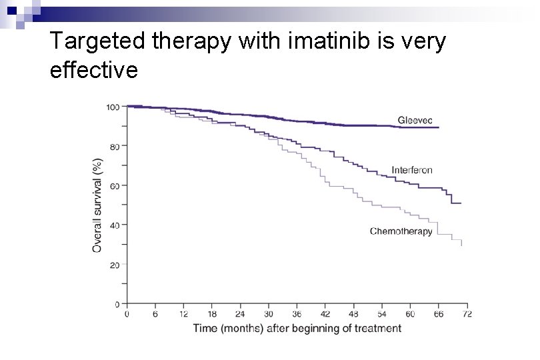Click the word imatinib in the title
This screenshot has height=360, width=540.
[x=317, y=41]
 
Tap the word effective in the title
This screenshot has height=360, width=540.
[x=94, y=69]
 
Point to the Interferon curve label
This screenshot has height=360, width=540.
[x=411, y=170]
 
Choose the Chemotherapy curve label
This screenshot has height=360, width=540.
[x=401, y=231]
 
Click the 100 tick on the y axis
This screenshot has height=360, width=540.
[x=113, y=107]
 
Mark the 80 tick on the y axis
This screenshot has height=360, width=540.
[x=115, y=146]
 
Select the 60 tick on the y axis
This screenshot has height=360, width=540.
[x=115, y=185]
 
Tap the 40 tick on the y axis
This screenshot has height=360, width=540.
[x=115, y=225]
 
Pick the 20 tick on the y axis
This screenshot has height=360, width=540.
[x=115, y=265]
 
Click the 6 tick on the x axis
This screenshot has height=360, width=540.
[x=155, y=313]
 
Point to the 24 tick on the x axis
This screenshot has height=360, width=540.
[x=240, y=313]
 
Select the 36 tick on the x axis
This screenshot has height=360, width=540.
[x=297, y=313]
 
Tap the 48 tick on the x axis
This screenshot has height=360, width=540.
[x=353, y=313]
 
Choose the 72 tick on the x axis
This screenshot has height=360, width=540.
[x=467, y=313]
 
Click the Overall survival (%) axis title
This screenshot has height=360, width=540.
[x=97, y=205]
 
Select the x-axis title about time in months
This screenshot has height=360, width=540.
[x=297, y=328]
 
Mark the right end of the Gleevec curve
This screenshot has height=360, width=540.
[x=439, y=127]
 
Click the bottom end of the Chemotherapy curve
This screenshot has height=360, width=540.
[x=461, y=245]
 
